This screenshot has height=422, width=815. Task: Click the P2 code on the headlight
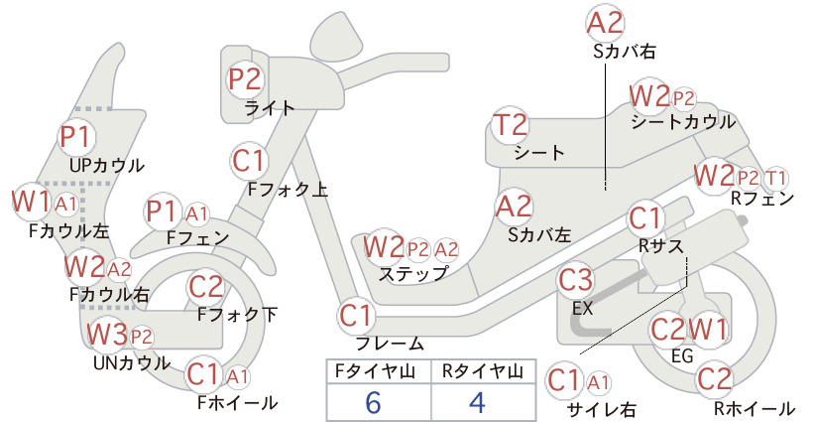[245, 79]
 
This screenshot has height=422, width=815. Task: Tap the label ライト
[270, 108]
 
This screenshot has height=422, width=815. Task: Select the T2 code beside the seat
[511, 125]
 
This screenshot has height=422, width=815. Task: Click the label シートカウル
[683, 122]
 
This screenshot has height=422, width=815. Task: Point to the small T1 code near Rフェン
[775, 179]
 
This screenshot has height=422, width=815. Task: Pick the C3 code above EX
[575, 280]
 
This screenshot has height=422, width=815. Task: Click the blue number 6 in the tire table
[373, 402]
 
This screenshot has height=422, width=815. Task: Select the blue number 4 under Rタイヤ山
[477, 402]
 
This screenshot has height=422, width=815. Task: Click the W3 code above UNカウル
[106, 335]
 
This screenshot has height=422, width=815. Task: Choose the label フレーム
[390, 343]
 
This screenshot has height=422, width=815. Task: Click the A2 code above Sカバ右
[605, 24]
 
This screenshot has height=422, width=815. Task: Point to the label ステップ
[413, 274]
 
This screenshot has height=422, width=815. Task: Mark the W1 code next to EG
[708, 329]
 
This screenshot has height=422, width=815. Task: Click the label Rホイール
[755, 409]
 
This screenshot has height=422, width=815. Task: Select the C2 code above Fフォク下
[206, 287]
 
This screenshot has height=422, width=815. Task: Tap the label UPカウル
[107, 166]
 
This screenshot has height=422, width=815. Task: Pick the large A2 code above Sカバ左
[514, 207]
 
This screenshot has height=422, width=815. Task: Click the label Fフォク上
[288, 189]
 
